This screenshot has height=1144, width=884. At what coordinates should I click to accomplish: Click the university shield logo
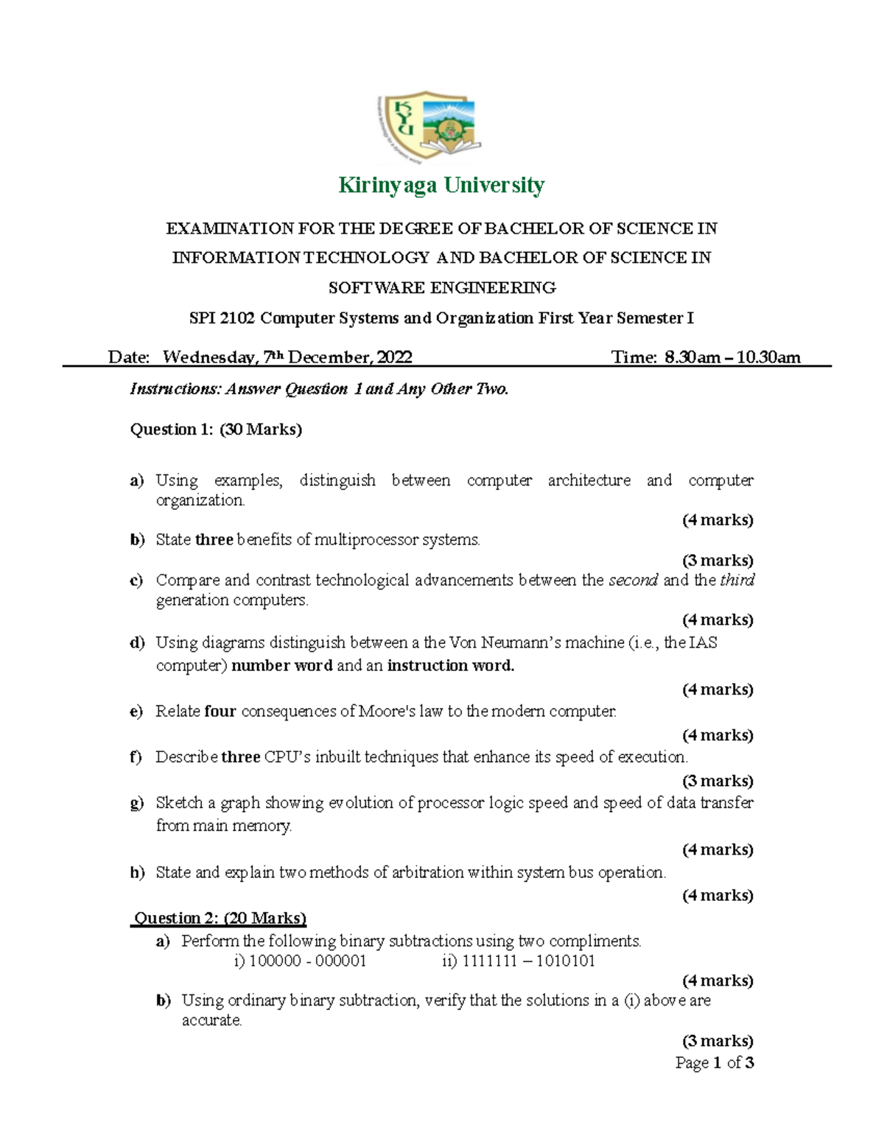coord(427,126)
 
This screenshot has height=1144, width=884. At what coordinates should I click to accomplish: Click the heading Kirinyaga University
coord(441,185)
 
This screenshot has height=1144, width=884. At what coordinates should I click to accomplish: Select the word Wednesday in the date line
coord(209,357)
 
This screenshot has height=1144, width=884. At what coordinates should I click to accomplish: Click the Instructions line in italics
coord(319,389)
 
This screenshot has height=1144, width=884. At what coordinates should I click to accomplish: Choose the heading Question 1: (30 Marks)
coord(216,429)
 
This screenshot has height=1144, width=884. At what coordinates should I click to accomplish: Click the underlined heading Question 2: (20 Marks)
coord(220,918)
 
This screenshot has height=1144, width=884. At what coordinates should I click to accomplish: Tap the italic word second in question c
coord(633,580)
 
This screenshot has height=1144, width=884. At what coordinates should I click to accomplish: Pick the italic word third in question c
coord(737,580)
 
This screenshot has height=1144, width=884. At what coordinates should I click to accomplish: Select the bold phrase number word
coord(281,666)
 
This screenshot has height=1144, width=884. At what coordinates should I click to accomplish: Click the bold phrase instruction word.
coord(450,666)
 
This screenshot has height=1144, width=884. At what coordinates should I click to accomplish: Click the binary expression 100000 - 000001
coord(307,961)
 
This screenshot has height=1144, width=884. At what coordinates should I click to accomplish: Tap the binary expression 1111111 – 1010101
coord(528,961)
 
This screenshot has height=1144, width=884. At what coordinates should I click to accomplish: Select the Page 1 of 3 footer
coord(714,1063)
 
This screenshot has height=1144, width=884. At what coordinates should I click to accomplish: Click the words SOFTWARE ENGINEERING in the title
coord(441,288)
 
